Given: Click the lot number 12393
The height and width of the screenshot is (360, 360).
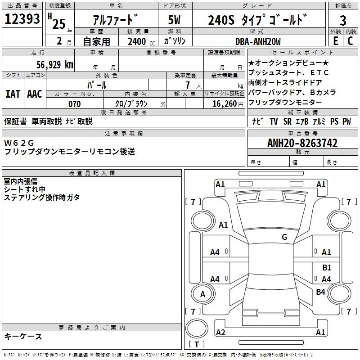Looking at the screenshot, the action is pyautogui.click(x=22, y=19).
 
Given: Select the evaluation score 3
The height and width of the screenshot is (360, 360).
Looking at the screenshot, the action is pyautogui.click(x=343, y=21).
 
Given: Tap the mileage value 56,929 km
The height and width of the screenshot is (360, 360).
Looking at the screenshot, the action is pyautogui.click(x=55, y=65).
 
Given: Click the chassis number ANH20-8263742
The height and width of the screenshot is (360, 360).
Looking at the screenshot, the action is pyautogui.click(x=302, y=143).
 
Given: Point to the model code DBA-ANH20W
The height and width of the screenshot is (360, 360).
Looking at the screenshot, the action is pyautogui.click(x=258, y=41).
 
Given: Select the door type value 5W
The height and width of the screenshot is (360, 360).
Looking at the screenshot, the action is pyautogui.click(x=174, y=20).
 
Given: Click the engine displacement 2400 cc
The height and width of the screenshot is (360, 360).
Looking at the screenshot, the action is pyautogui.click(x=141, y=41).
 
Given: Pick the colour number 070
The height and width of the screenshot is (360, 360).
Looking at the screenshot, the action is pyautogui.click(x=75, y=104).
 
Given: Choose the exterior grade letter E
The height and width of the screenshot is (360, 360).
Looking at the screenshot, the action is pyautogui.click(x=335, y=41).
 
